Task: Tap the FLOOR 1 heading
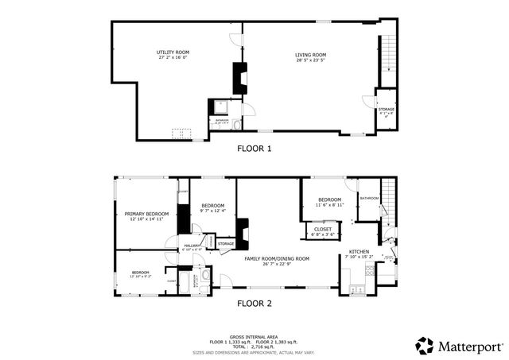pos(254,148)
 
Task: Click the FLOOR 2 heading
pos(254,303)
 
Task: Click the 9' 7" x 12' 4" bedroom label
pos(213,207)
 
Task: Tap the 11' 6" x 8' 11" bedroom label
pos(329,202)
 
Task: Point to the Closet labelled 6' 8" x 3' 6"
pos(323,231)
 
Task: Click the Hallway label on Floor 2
pos(192,247)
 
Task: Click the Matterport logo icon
pos(425,346)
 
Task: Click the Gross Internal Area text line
pos(254,336)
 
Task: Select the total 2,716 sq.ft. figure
pos(254,346)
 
